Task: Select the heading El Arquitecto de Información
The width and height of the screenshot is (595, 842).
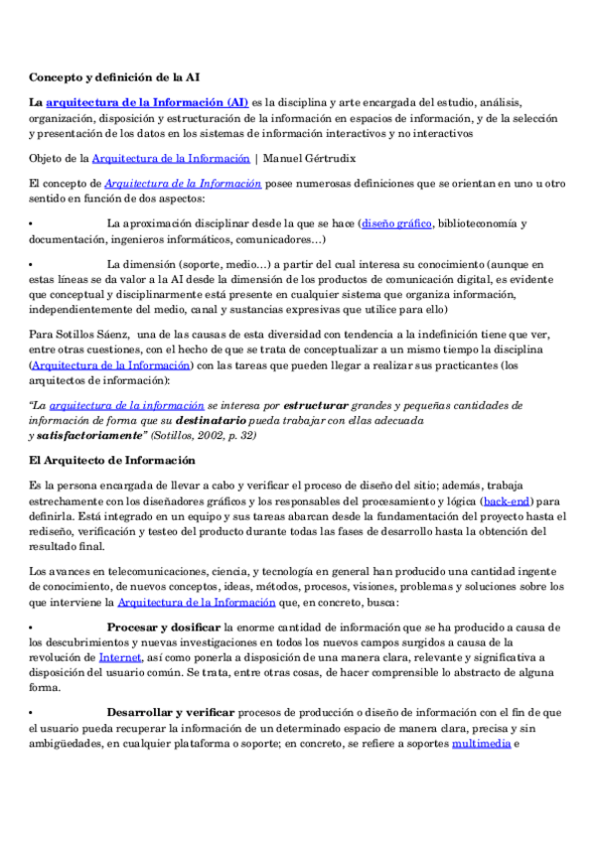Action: (x=112, y=461)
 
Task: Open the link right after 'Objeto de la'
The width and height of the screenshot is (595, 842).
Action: (x=171, y=158)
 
